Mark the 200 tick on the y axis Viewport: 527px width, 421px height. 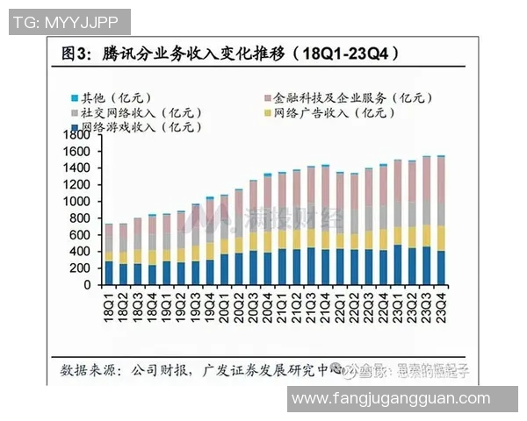click(82, 268)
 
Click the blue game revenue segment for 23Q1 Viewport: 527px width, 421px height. click(398, 265)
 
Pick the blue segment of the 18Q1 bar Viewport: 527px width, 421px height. click(109, 273)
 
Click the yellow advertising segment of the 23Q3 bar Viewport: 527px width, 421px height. click(427, 236)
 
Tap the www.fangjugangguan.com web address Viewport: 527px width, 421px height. click(390, 399)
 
